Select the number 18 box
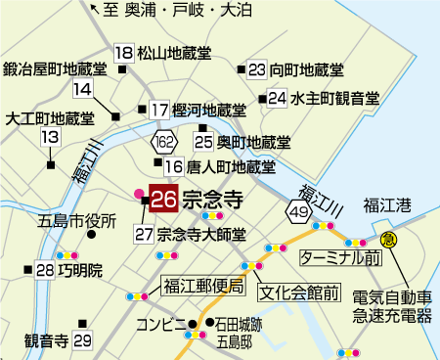pyautogui.click(x=123, y=53)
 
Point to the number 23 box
pyautogui.click(x=257, y=69)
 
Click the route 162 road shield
pyautogui.click(x=162, y=143)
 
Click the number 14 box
pyautogui.click(x=82, y=89)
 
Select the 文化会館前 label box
pyautogui.click(x=299, y=291)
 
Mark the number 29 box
pyautogui.click(x=82, y=339)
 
